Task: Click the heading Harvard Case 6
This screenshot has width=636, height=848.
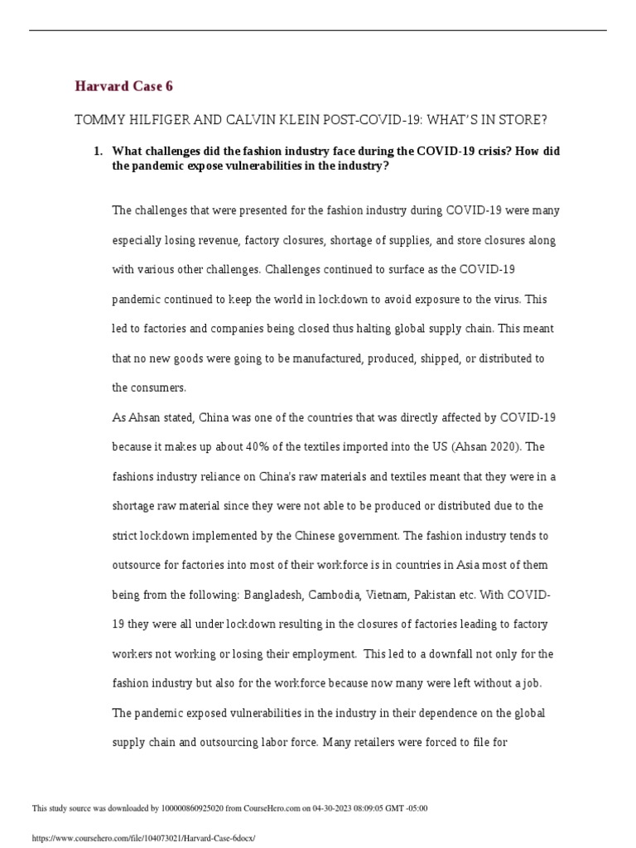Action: point(123,86)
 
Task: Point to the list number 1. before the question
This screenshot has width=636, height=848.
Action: point(98,151)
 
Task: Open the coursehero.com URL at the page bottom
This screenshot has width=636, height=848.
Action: point(143,838)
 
